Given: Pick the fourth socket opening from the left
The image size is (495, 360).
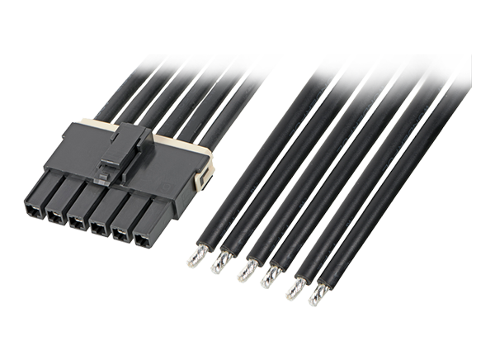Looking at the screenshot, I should [x=97, y=227].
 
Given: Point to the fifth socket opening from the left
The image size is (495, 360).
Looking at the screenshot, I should [x=120, y=233].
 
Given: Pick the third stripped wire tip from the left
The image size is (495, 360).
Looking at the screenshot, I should [x=244, y=272].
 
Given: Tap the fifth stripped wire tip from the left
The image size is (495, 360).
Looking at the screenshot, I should [x=294, y=287].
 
